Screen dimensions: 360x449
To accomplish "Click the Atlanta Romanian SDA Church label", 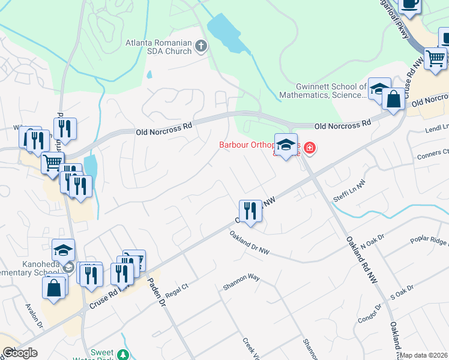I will [x=158, y=47].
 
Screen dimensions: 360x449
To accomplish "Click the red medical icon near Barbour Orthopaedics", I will [x=309, y=147].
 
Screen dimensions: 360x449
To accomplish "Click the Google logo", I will [x=20, y=353].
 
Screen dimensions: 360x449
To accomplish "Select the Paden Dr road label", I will [x=157, y=292].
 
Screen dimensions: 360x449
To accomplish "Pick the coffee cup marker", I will [x=409, y=4].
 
